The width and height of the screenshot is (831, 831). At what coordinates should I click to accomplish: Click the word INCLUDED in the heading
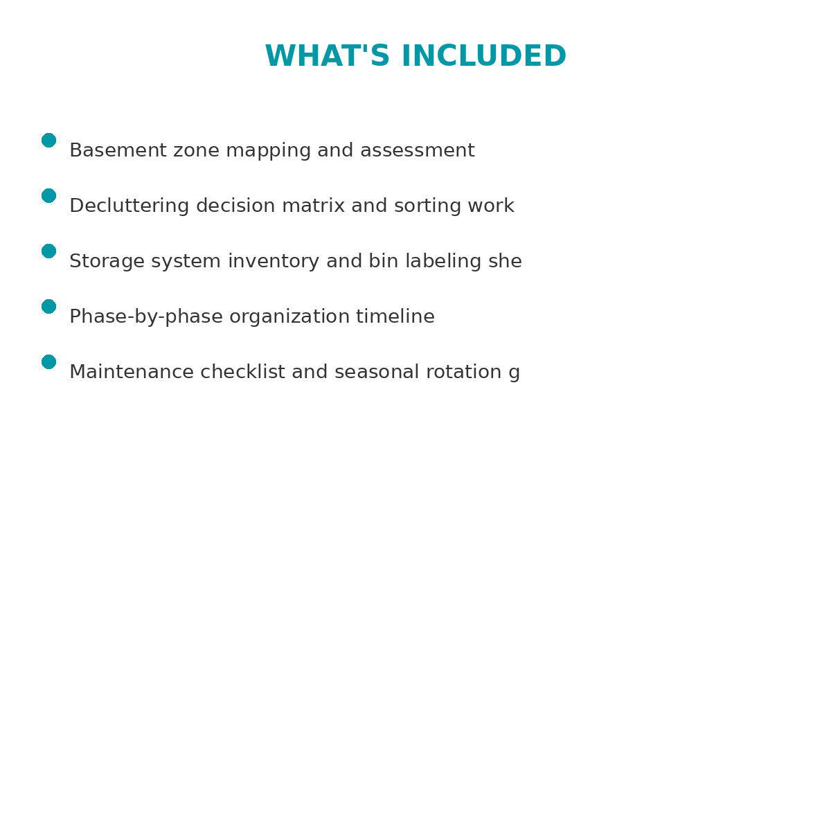[x=483, y=57]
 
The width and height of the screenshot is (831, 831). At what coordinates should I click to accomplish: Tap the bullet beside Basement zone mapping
[x=48, y=141]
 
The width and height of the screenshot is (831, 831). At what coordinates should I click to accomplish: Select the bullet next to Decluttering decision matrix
[x=48, y=196]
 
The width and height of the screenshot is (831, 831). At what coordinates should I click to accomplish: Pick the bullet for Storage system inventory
[x=48, y=251]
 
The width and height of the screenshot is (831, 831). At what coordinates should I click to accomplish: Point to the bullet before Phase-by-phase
[x=48, y=307]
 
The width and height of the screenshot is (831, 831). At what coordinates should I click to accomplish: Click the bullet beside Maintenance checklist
[x=48, y=362]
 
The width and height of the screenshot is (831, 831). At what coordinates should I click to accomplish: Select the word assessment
[x=417, y=151]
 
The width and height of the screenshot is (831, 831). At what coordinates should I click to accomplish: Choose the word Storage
[x=107, y=262]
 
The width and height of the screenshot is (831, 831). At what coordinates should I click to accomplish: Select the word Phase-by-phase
[x=146, y=317]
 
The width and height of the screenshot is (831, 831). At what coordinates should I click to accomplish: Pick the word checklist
[x=242, y=373]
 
